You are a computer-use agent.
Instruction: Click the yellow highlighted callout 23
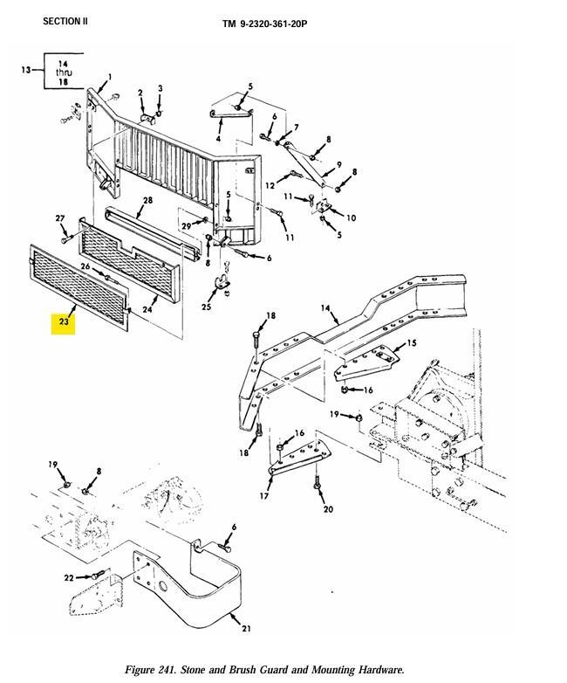65,322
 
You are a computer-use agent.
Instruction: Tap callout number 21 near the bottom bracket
246,628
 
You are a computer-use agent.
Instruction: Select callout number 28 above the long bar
148,201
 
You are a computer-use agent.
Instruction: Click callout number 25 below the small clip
207,307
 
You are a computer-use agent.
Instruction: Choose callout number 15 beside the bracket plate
412,343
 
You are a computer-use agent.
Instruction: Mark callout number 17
264,496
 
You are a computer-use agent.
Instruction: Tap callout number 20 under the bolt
328,509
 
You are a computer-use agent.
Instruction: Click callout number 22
69,578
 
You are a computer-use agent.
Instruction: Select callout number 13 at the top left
26,70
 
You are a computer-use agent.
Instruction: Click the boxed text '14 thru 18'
64,72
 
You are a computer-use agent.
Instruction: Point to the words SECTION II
65,21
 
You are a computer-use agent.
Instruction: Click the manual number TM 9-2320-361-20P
264,24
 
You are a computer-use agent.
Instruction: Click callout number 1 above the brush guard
110,77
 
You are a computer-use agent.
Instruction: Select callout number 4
218,139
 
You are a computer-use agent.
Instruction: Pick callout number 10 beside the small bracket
352,217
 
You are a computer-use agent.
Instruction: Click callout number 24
147,308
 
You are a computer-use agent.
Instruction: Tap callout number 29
185,226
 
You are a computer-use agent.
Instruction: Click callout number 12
270,186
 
